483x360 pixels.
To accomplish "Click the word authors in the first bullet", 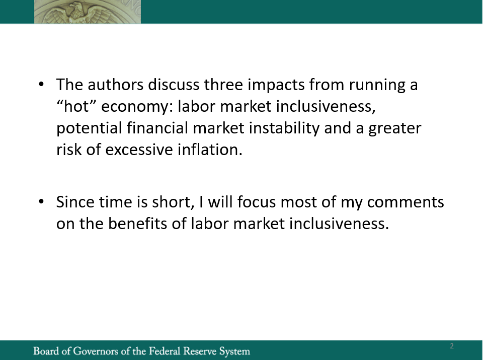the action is pyautogui.click(x=116, y=85).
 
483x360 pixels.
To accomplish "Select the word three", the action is pyautogui.click(x=223, y=85).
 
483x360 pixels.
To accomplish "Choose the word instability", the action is pyautogui.click(x=284, y=128).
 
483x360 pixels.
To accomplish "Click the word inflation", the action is pyautogui.click(x=210, y=150).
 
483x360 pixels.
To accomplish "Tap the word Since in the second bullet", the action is pyautogui.click(x=75, y=202).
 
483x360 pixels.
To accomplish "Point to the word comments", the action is pyautogui.click(x=406, y=202).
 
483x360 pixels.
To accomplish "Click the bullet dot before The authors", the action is pyautogui.click(x=41, y=84).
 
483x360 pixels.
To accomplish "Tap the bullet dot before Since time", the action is pyautogui.click(x=41, y=201).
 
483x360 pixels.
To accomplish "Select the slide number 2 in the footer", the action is pyautogui.click(x=452, y=346).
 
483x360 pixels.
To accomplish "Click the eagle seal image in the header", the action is pyautogui.click(x=88, y=12).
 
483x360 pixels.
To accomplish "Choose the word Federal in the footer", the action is pyautogui.click(x=165, y=351).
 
